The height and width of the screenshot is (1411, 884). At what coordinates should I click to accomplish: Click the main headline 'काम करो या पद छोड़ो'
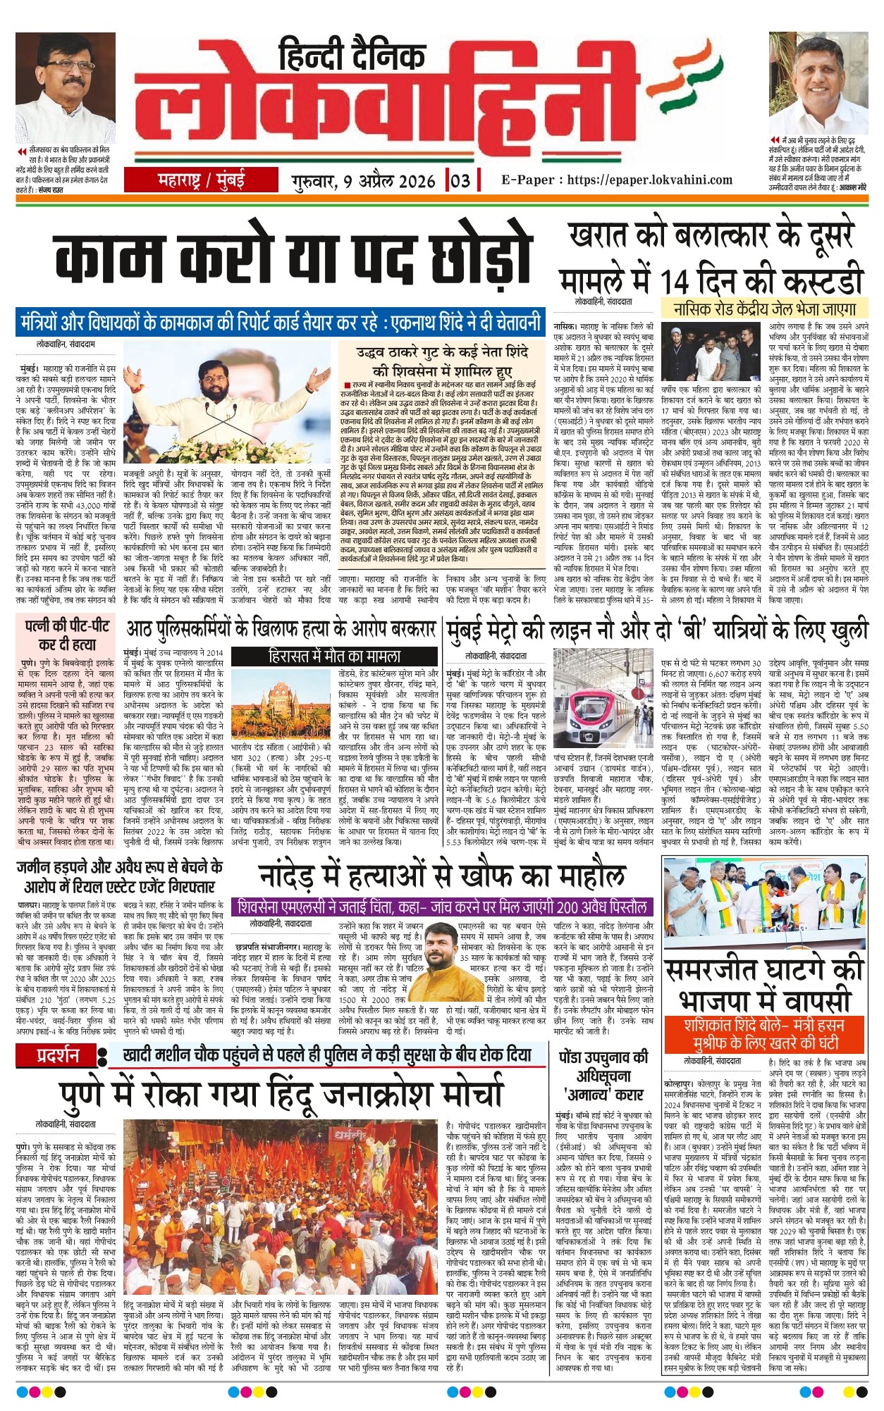[x=291, y=259]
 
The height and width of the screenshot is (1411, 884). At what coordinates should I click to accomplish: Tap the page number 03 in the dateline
[x=460, y=180]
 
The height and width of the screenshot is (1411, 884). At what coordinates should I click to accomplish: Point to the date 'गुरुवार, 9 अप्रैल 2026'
[x=364, y=181]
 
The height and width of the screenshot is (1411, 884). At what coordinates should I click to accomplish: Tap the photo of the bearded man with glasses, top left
[x=65, y=88]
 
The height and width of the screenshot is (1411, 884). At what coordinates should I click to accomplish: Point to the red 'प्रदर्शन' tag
[x=58, y=1055]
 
